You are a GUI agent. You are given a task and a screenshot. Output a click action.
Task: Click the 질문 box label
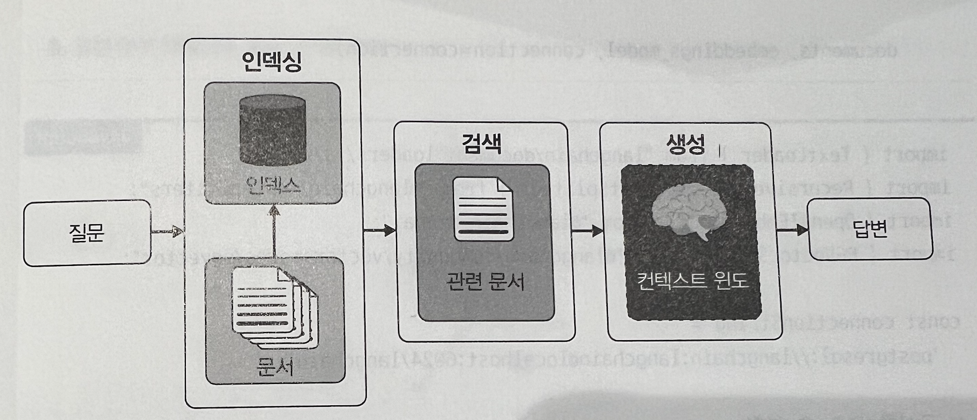(x=86, y=233)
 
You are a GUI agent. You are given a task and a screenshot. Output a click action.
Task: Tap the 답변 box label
(x=870, y=230)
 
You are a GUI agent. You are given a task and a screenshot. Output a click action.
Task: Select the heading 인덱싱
(x=272, y=62)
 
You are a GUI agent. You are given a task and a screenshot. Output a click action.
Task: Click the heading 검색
(x=481, y=144)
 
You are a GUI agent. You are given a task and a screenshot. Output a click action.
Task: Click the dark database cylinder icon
(x=273, y=135)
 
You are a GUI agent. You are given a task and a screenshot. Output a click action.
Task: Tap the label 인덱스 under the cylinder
(x=273, y=185)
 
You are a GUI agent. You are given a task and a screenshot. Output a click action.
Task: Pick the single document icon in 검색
(x=483, y=209)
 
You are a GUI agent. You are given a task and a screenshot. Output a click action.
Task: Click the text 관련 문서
(x=485, y=281)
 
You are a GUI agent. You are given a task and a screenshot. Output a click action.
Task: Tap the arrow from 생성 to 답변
(x=792, y=230)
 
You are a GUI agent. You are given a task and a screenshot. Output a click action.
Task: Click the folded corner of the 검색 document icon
(x=505, y=186)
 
